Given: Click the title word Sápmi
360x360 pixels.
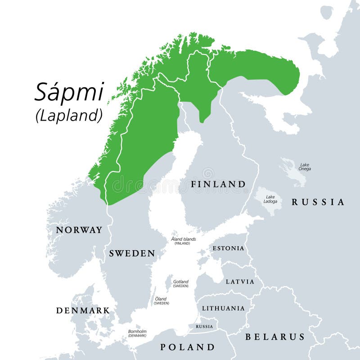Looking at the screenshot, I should [69, 93].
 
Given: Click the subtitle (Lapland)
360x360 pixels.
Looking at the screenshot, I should [69, 116].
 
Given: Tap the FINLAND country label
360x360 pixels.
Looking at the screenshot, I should [218, 184].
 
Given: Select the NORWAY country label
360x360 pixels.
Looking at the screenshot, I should [79, 230].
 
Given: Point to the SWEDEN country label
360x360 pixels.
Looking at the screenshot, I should [132, 253].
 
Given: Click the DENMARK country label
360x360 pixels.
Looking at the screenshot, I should [83, 310].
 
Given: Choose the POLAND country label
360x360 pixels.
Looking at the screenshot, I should [188, 347].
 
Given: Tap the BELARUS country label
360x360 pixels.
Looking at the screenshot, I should [275, 337].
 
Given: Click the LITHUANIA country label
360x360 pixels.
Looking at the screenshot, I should [223, 309].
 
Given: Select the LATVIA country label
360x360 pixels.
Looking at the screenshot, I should [240, 282].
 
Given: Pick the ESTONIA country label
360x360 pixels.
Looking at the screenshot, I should [228, 248].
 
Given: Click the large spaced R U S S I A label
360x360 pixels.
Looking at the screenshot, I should [318, 202].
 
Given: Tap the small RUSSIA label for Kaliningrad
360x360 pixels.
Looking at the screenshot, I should [204, 327].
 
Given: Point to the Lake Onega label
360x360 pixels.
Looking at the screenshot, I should [305, 167].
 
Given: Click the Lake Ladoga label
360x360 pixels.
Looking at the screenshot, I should [270, 199].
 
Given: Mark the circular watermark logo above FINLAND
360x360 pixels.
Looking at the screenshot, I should [208, 173].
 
